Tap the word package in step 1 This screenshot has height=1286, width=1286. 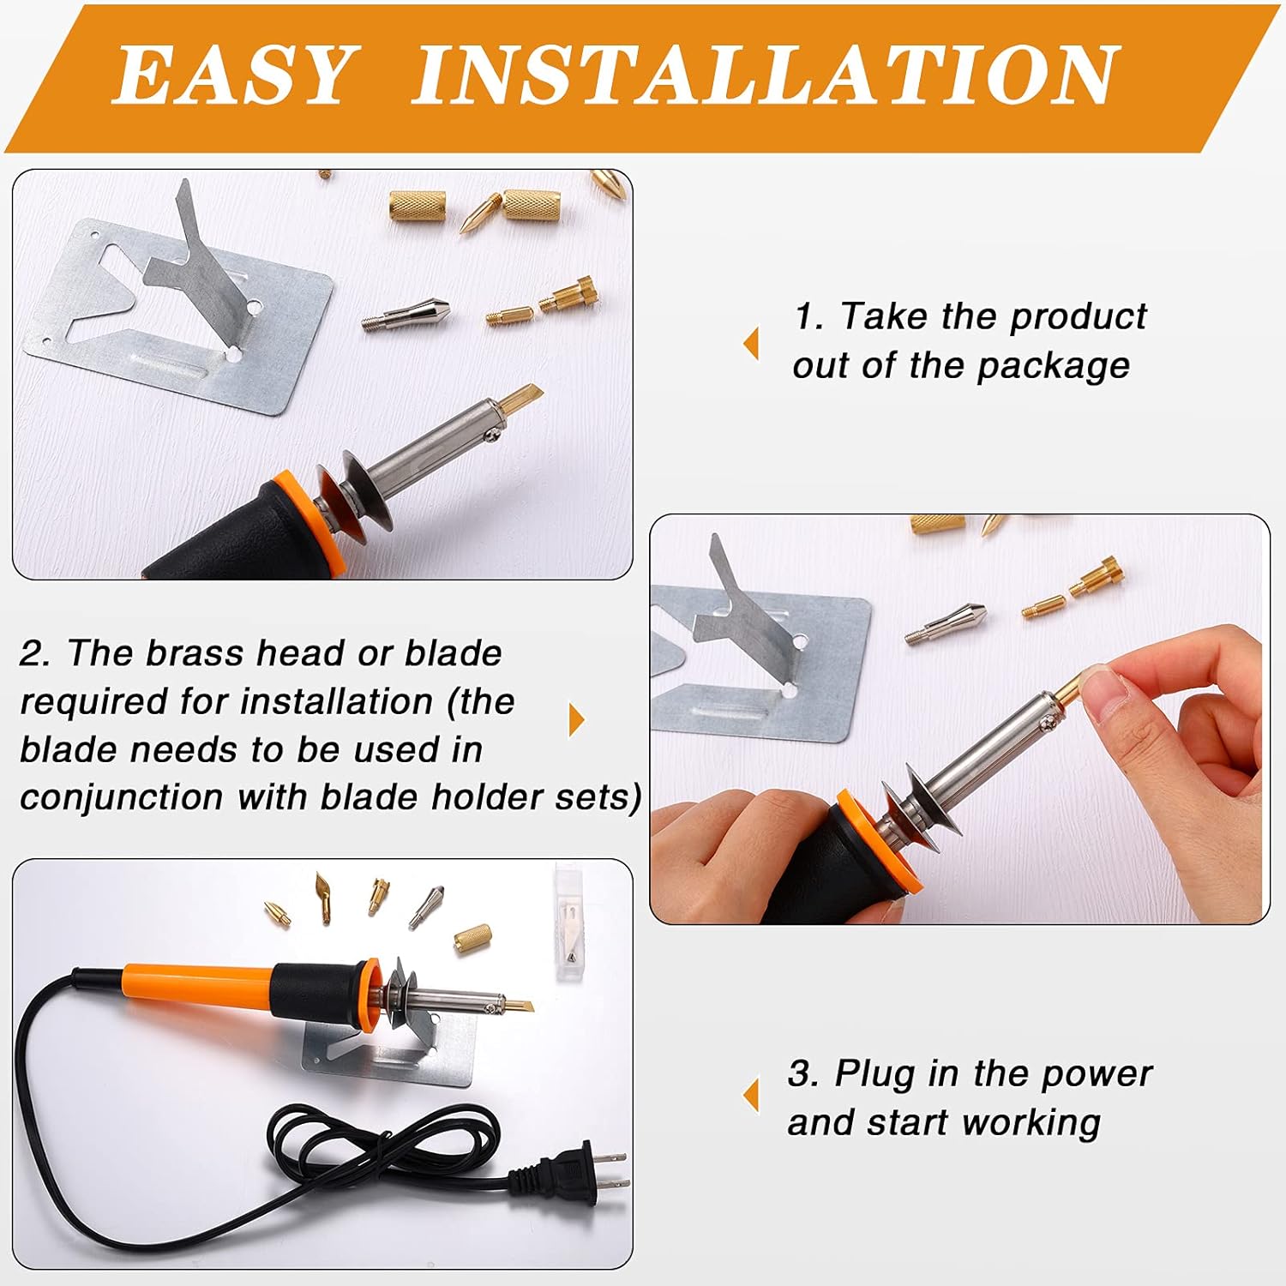click(x=1054, y=367)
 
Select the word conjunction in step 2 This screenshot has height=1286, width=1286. click(x=121, y=797)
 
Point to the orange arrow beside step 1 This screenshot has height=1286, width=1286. click(x=751, y=343)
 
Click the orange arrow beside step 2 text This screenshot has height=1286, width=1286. click(x=576, y=720)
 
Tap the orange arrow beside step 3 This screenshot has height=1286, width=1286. click(x=751, y=1095)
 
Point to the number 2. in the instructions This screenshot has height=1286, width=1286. click(x=35, y=654)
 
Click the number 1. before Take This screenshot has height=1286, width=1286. click(x=809, y=317)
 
